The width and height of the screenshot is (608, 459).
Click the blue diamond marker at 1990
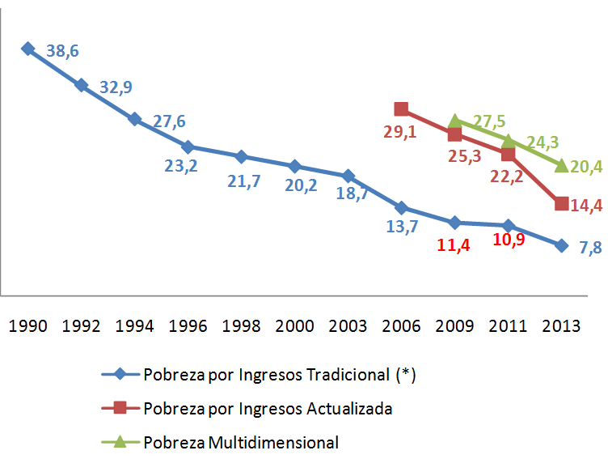[x=27, y=49]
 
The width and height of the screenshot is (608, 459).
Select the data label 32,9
[x=116, y=87]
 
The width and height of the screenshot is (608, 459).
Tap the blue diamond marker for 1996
[x=188, y=147]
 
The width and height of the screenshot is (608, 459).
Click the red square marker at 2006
[x=401, y=108]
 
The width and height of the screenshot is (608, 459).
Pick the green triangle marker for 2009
[x=454, y=121]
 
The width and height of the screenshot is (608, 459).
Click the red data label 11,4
[x=454, y=244]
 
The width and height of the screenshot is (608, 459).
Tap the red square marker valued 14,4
[x=561, y=203]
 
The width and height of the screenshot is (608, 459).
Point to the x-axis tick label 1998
[x=241, y=326]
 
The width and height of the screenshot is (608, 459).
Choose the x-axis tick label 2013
[x=561, y=326]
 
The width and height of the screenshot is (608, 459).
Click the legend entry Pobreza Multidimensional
[x=240, y=442]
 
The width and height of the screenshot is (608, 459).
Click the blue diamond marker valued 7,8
[x=561, y=244]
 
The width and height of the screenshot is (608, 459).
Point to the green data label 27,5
[x=489, y=121]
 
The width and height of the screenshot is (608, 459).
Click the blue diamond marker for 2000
[x=294, y=166]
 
